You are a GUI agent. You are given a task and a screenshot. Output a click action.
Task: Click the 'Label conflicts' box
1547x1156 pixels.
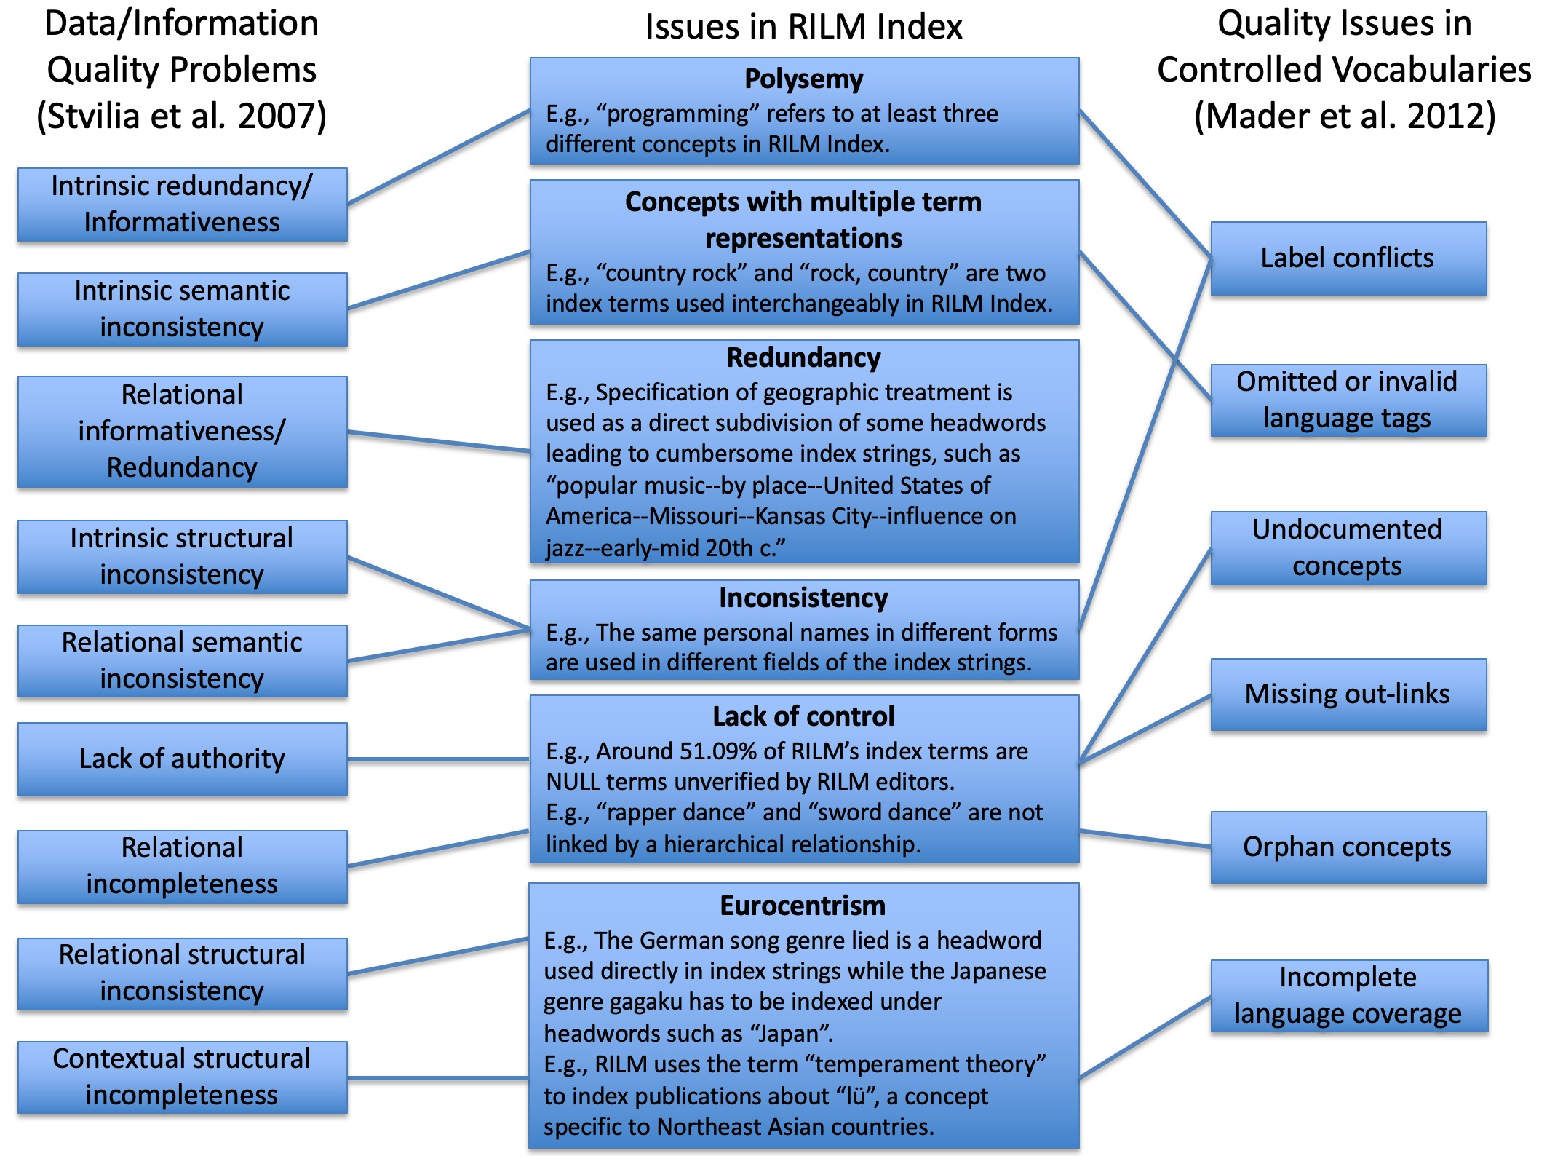coord(1348,258)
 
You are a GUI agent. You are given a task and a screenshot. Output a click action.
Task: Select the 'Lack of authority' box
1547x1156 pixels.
coord(183,759)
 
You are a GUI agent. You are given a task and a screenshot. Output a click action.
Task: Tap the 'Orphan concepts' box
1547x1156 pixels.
coord(1348,847)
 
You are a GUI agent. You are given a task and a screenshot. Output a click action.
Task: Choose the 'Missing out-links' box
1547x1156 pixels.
coord(1348,694)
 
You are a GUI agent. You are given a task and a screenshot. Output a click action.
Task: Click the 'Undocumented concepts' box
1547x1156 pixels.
coord(1348,548)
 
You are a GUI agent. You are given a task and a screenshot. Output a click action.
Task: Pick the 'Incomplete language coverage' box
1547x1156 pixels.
coord(1349,996)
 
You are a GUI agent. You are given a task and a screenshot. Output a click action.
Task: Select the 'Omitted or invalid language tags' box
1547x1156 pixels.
coord(1348,400)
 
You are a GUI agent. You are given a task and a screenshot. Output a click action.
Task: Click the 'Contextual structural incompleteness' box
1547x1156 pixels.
coord(183,1077)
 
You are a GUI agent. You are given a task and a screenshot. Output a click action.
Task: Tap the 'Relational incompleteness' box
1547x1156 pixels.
coord(183,867)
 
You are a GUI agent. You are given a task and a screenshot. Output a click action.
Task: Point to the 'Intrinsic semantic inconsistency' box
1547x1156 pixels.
coord(183,309)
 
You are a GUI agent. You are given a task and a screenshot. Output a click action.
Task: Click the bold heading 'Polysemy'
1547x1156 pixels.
coord(804,79)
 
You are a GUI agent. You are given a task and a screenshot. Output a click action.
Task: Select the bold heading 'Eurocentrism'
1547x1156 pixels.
coord(803,906)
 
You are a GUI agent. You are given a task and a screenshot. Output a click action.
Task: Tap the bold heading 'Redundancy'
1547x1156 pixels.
coord(804,357)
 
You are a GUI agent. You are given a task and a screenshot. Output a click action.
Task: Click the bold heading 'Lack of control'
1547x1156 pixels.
coord(804,716)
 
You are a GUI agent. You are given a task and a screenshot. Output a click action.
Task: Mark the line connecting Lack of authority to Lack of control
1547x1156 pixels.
coord(438,759)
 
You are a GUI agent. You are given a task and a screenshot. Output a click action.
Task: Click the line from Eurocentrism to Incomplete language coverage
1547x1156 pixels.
coord(1145,1037)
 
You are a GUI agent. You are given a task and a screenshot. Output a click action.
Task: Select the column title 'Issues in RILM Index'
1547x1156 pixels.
coord(804,27)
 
